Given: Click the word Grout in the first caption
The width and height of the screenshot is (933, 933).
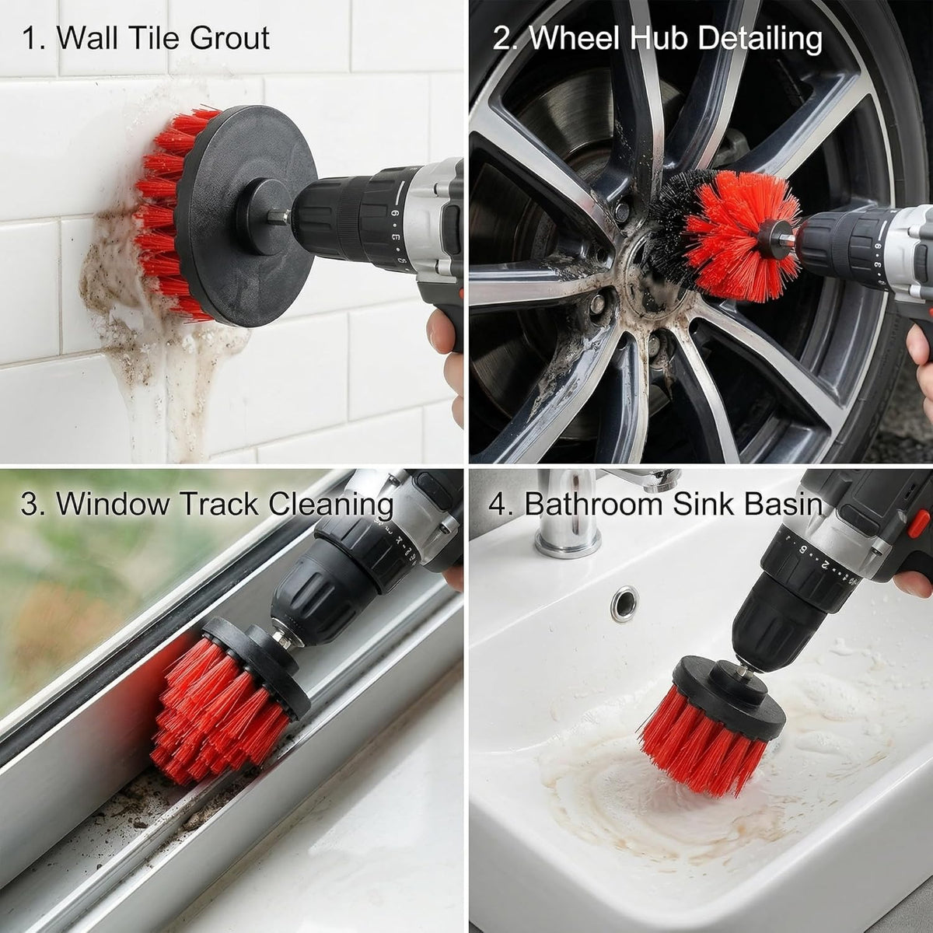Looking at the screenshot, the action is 229,38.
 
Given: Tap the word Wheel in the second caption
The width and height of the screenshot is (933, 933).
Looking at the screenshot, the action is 575,38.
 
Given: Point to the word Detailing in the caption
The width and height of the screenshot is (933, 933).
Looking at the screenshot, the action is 760,39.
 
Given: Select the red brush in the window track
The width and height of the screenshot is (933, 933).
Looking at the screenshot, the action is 218,707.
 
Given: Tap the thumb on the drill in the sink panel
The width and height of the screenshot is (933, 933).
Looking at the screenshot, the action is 913,583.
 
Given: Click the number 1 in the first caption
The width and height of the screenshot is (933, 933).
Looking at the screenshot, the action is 30,39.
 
